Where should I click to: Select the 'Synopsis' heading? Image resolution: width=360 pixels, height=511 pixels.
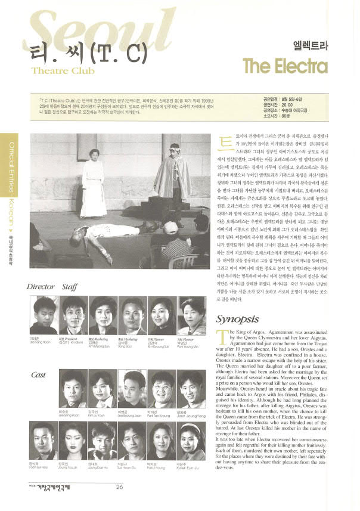pyautogui.click(x=238, y=318)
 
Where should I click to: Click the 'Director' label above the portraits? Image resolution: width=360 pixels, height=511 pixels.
pyautogui.click(x=41, y=287)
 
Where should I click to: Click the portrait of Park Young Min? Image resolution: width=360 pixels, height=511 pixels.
pyautogui.click(x=192, y=316)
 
